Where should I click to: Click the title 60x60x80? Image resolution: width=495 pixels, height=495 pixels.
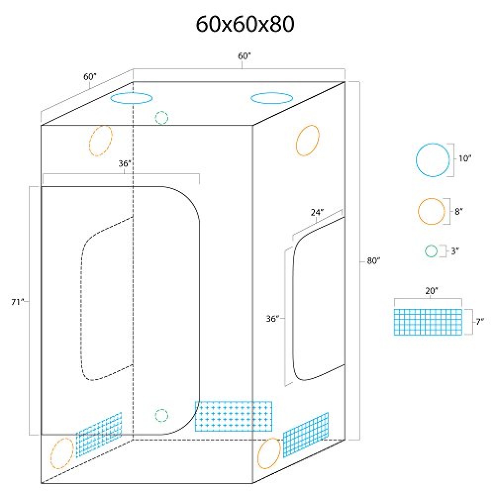[245, 24]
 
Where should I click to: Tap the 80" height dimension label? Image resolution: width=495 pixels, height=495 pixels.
[373, 261]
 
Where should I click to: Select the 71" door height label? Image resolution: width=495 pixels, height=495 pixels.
[18, 302]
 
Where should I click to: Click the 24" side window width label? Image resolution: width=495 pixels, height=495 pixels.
[317, 212]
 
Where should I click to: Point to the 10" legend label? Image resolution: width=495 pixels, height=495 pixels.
[465, 158]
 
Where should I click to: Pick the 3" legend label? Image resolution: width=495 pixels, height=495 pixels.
[454, 251]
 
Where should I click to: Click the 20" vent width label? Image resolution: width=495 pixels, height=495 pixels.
[432, 291]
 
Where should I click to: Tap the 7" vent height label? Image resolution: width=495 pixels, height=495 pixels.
[480, 322]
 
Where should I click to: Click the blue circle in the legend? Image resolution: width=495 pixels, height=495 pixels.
[416, 160]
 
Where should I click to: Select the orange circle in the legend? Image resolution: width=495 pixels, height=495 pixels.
[418, 211]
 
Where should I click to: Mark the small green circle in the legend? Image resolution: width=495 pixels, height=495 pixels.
[425, 251]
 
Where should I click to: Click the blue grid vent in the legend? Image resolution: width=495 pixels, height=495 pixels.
[428, 322]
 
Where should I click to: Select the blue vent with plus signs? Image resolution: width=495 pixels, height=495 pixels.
[234, 416]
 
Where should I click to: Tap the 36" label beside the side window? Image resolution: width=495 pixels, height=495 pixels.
[272, 319]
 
